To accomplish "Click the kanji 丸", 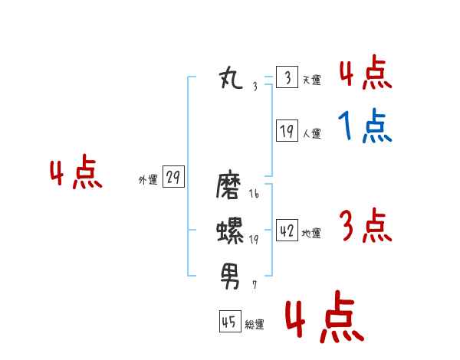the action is (x=231, y=78).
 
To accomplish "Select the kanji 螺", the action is (x=230, y=230).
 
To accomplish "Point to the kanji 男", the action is (x=230, y=272).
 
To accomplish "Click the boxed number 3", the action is (x=287, y=77).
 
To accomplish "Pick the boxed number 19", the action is (x=287, y=131).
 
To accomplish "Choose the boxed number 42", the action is (x=287, y=231).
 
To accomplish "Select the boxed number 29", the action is (x=172, y=178).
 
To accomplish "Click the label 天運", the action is (x=311, y=80).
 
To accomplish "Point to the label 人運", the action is (x=311, y=133).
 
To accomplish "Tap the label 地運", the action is (x=311, y=233).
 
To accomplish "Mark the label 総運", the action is (x=255, y=325).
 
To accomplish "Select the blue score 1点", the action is (x=365, y=126).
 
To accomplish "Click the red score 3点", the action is (x=365, y=226).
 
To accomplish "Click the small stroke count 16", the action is (x=254, y=195).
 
